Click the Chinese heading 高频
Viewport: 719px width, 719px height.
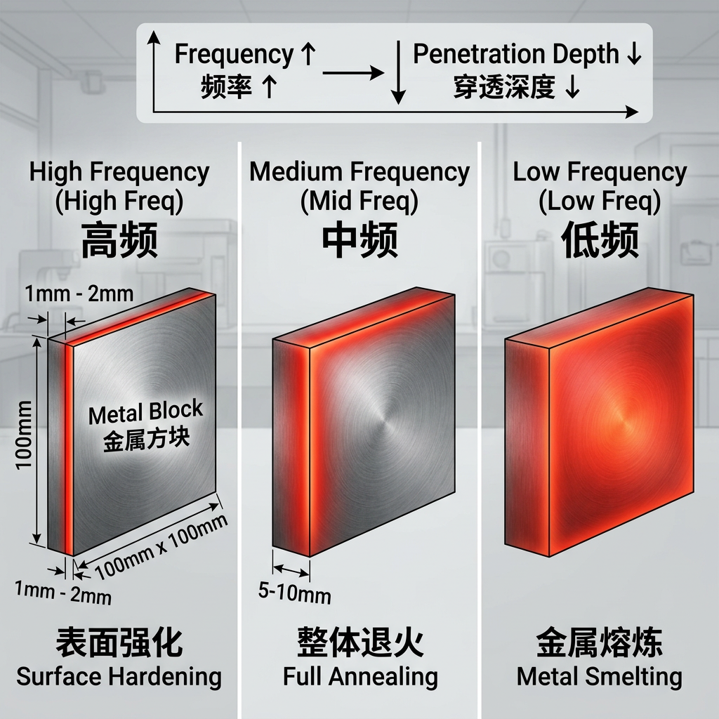[x=119, y=241]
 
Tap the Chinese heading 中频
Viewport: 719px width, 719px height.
[x=359, y=241]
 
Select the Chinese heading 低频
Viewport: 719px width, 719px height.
[x=600, y=241]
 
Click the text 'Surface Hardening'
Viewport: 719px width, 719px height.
[x=119, y=677]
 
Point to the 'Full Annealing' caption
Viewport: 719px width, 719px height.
[x=360, y=677]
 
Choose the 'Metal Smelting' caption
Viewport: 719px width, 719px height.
[x=600, y=677]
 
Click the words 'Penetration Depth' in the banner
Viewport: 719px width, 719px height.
[x=515, y=54]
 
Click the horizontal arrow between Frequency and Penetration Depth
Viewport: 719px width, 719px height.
[x=353, y=72]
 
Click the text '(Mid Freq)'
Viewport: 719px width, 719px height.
[x=359, y=202]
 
